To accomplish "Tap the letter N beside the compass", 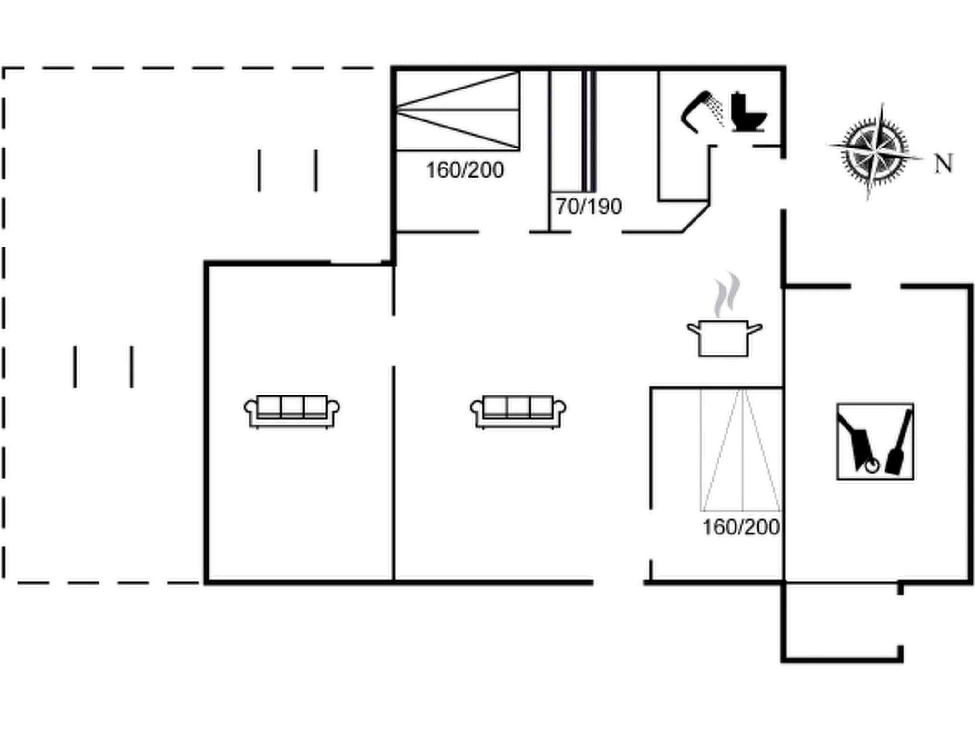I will (943, 164).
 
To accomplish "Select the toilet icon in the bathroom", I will (748, 112).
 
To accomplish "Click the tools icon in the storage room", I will (875, 441).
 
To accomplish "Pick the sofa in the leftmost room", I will (291, 412).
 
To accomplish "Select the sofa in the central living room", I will (518, 412).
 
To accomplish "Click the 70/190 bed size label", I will (588, 207).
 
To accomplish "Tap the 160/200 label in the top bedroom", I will (465, 170).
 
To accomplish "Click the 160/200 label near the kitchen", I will (741, 527).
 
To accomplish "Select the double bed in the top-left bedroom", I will (458, 110).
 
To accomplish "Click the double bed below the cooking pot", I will (741, 450).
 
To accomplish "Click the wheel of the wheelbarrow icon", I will (872, 465).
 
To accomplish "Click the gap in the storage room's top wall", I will (876, 286).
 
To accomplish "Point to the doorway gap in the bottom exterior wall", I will (618, 582).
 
